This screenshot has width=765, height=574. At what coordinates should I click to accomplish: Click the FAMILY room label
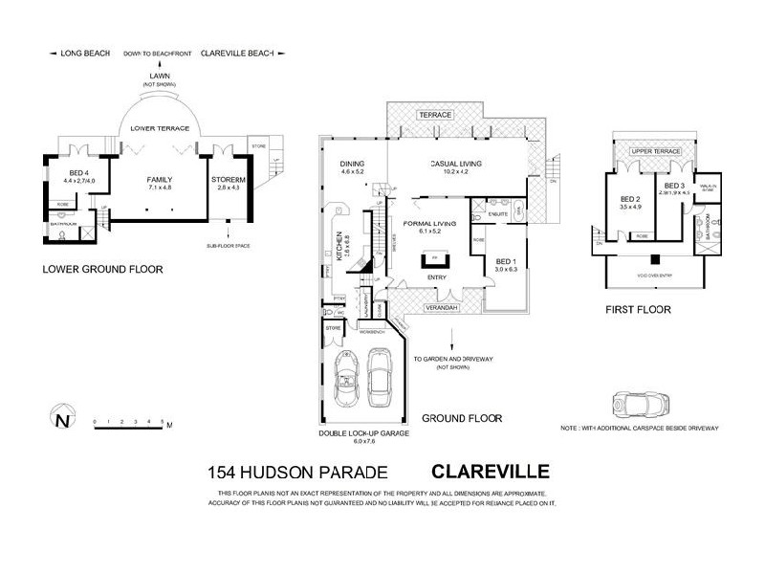(x=159, y=179)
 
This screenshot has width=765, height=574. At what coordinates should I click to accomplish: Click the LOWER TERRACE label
(x=160, y=126)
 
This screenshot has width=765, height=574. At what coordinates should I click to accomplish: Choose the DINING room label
(x=352, y=165)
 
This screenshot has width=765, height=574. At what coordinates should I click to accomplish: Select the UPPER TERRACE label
(x=654, y=152)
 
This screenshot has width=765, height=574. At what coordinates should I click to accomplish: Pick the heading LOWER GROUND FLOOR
(x=103, y=270)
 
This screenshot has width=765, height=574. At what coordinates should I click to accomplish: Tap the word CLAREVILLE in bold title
(x=490, y=471)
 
